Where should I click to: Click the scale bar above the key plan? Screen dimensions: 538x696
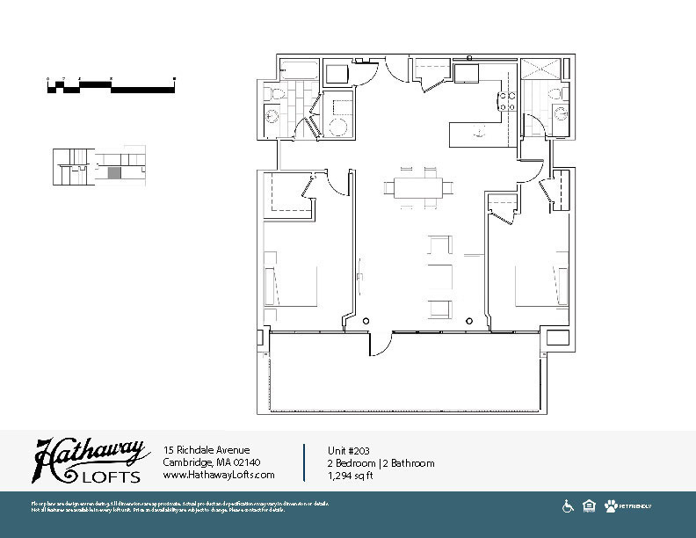(112, 85)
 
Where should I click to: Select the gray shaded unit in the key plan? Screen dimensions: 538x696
(113, 174)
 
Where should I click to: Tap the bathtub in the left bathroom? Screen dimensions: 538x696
(300, 69)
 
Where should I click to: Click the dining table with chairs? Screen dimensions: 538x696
(418, 187)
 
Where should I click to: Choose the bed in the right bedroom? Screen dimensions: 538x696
(540, 283)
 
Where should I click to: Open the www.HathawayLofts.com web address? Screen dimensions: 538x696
(219, 475)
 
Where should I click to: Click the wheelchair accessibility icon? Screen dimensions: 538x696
(568, 506)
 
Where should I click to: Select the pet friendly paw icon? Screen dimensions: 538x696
(611, 506)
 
